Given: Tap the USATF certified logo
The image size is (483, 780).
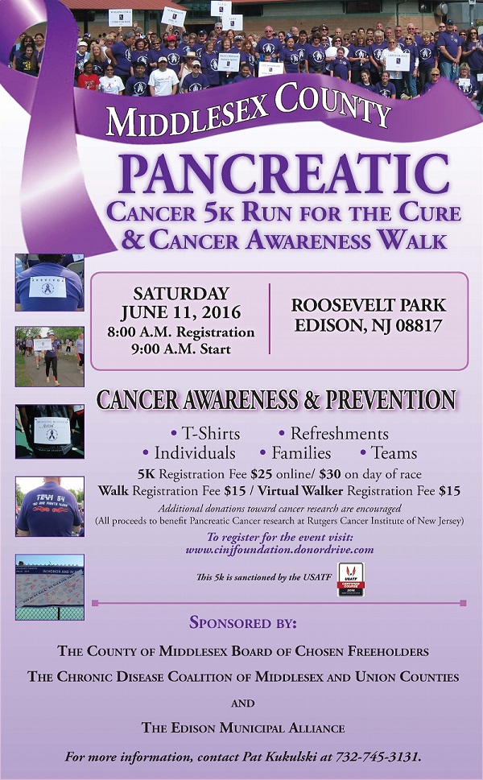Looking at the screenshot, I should coord(350,578).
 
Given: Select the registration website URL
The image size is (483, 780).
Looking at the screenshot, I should coord(279,550).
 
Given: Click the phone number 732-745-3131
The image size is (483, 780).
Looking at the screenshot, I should coord(386,757).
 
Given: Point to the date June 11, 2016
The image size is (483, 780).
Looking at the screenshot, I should coord(180,312).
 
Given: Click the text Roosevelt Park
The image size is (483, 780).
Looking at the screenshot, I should coord(369,306).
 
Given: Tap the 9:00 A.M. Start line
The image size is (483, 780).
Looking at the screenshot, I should coord(181,349).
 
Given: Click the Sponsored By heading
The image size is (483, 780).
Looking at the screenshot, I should coord(242,622).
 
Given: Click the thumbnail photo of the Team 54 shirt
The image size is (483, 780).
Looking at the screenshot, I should coord(49,506).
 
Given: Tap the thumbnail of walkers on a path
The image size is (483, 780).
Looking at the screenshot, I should coord(49,356).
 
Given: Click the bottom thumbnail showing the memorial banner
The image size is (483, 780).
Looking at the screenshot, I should coord(49,586).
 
